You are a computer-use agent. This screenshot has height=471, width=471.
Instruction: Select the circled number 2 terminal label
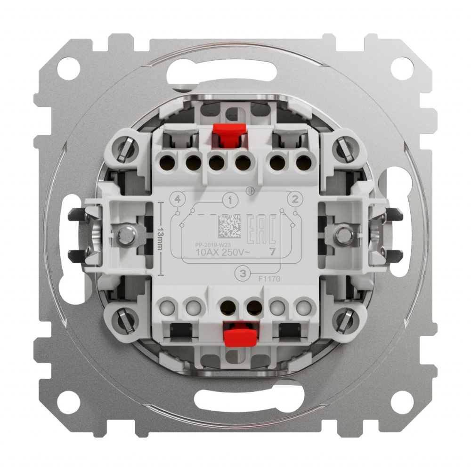click(295, 199)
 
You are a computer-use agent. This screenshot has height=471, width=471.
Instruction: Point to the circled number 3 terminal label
click(243, 273)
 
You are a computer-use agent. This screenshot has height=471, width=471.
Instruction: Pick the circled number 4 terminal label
click(177, 199)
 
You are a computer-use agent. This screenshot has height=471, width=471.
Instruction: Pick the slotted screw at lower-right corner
click(346, 319)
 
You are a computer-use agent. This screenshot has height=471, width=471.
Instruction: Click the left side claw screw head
click(125, 235)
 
